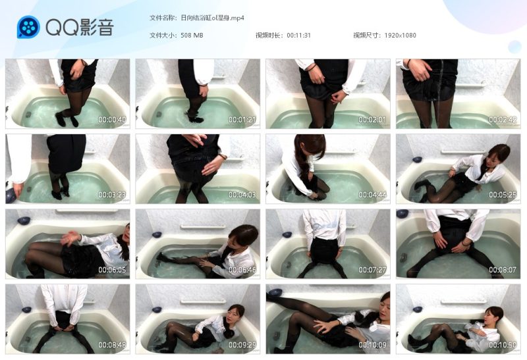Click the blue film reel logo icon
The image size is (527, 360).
28,27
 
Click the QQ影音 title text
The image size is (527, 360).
80,27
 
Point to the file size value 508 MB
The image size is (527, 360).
192,36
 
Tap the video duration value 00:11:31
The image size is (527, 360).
299,36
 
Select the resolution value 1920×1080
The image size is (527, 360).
401,36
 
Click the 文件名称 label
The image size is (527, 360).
162,18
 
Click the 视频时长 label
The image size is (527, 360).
268,36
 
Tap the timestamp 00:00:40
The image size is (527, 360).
112,120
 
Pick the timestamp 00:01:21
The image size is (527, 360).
242,120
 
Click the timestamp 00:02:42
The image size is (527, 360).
503,120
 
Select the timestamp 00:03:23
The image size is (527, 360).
112,195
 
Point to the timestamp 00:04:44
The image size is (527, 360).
372,195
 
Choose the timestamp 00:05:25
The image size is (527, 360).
503,195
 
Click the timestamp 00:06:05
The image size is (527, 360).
112,270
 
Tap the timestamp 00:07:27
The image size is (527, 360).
372,270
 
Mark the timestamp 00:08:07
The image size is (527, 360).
503,270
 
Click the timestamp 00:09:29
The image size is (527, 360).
242,345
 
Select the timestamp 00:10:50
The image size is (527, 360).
503,345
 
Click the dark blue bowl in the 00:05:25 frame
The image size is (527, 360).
417,159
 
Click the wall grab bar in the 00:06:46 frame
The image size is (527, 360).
203,227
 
